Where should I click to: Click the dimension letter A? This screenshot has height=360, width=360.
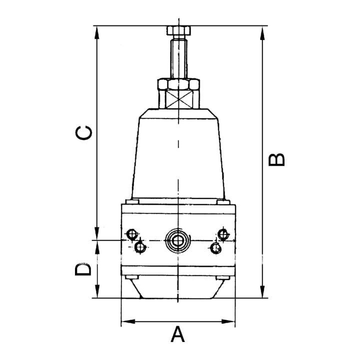177,334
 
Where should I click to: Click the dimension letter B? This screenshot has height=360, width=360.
276,160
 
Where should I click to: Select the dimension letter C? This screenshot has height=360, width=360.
84,133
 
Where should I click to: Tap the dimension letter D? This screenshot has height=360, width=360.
83,269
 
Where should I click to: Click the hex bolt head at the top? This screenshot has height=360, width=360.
178,30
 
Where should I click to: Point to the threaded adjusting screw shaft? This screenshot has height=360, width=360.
178,58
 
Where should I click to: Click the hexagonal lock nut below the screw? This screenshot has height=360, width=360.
178,84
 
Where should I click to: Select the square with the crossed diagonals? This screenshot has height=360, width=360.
178,99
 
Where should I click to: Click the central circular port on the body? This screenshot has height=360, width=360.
177,241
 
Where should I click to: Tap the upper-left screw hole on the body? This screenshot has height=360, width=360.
132,234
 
